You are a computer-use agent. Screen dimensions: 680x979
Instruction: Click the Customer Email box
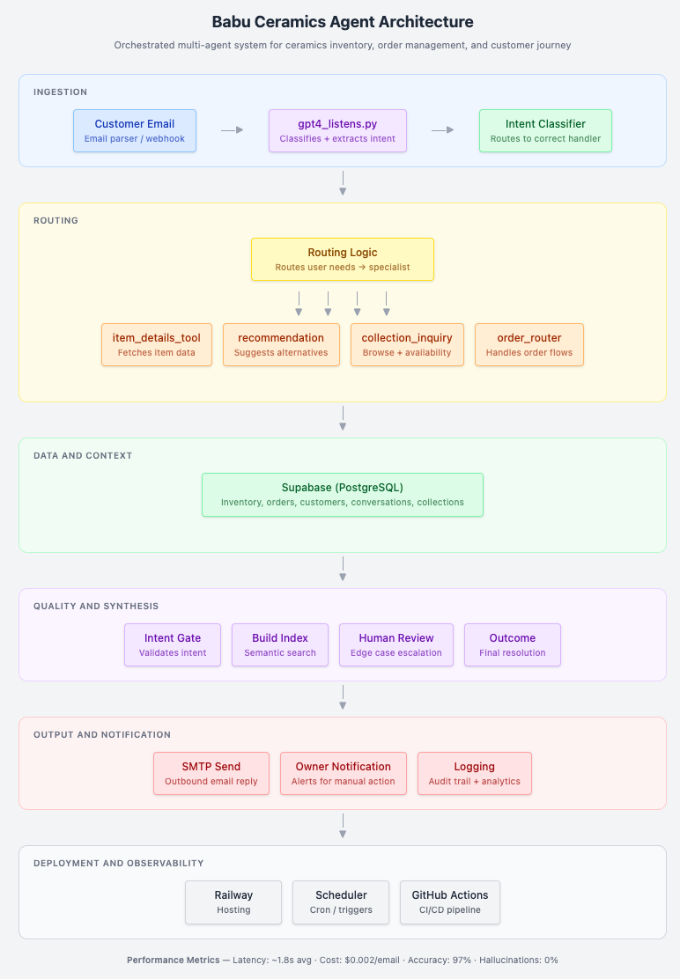coord(134,130)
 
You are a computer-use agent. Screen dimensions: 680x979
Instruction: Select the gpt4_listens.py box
coord(337,130)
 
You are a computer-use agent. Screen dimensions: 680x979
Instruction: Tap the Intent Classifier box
coord(545,130)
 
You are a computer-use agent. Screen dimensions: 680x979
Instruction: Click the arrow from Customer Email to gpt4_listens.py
coord(233,130)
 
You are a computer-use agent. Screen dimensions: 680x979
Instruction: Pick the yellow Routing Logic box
coord(342,259)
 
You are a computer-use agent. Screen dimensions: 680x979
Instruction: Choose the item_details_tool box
coord(157,344)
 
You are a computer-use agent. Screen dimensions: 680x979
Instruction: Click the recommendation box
coord(281,344)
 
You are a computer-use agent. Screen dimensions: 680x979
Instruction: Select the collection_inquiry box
coord(407,344)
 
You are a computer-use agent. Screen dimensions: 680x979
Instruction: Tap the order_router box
coord(528,344)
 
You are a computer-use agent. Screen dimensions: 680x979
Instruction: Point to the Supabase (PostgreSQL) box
coord(342,495)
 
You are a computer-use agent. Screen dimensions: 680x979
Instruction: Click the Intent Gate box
coord(173,645)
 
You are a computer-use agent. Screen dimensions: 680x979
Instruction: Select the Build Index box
coord(280,645)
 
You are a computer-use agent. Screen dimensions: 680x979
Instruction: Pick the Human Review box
coord(395,645)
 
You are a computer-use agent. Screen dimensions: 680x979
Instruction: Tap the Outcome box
coord(512,645)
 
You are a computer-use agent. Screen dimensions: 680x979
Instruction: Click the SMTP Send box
coord(211,774)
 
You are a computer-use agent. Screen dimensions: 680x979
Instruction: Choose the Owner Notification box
coord(344,774)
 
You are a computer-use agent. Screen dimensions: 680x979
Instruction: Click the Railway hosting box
coord(233,902)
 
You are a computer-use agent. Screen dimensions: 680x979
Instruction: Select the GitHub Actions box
coord(449,902)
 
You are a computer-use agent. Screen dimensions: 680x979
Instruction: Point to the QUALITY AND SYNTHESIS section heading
coord(96,607)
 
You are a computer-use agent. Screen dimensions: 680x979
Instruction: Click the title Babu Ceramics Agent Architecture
coord(342,22)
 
